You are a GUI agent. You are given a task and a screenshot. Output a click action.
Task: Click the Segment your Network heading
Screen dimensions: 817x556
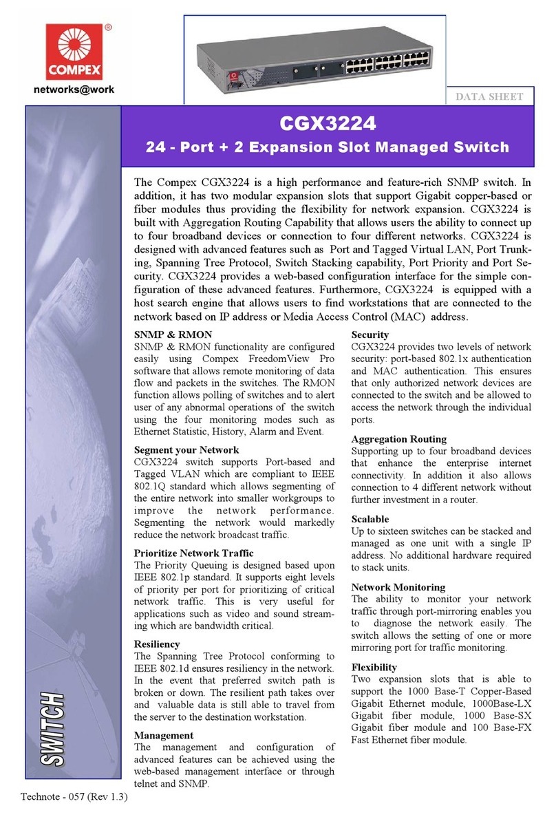point(187,449)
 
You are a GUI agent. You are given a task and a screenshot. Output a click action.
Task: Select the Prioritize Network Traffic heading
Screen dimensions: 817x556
point(193,553)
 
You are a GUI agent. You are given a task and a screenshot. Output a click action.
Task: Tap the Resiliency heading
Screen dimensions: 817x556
point(157,644)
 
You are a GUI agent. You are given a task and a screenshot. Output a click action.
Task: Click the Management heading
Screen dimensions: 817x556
point(164,734)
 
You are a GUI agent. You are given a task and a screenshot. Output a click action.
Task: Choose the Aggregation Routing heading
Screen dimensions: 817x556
point(398,438)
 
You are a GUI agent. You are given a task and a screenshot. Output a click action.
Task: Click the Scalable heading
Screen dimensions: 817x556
point(370,518)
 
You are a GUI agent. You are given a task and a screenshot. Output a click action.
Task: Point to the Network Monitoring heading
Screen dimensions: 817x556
point(398,587)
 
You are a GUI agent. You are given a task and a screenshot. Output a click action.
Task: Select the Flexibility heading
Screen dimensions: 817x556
point(374,667)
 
